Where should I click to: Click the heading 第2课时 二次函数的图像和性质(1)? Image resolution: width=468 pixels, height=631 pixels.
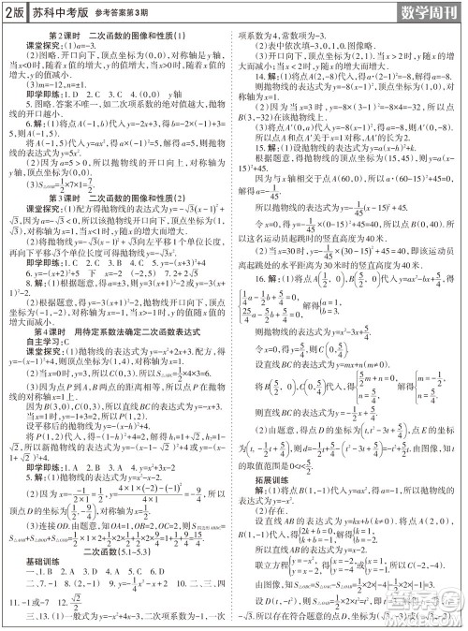[120, 37]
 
